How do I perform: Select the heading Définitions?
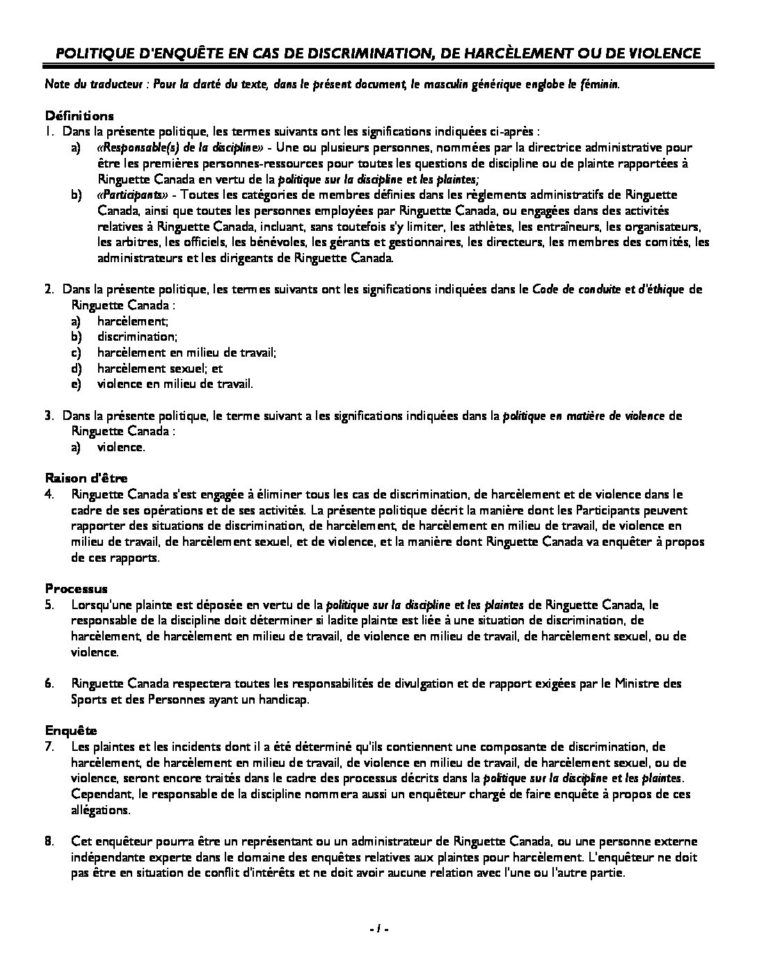point(79,115)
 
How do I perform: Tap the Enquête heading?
point(71,730)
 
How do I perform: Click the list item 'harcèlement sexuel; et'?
point(160,369)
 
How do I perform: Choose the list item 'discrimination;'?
point(137,337)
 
